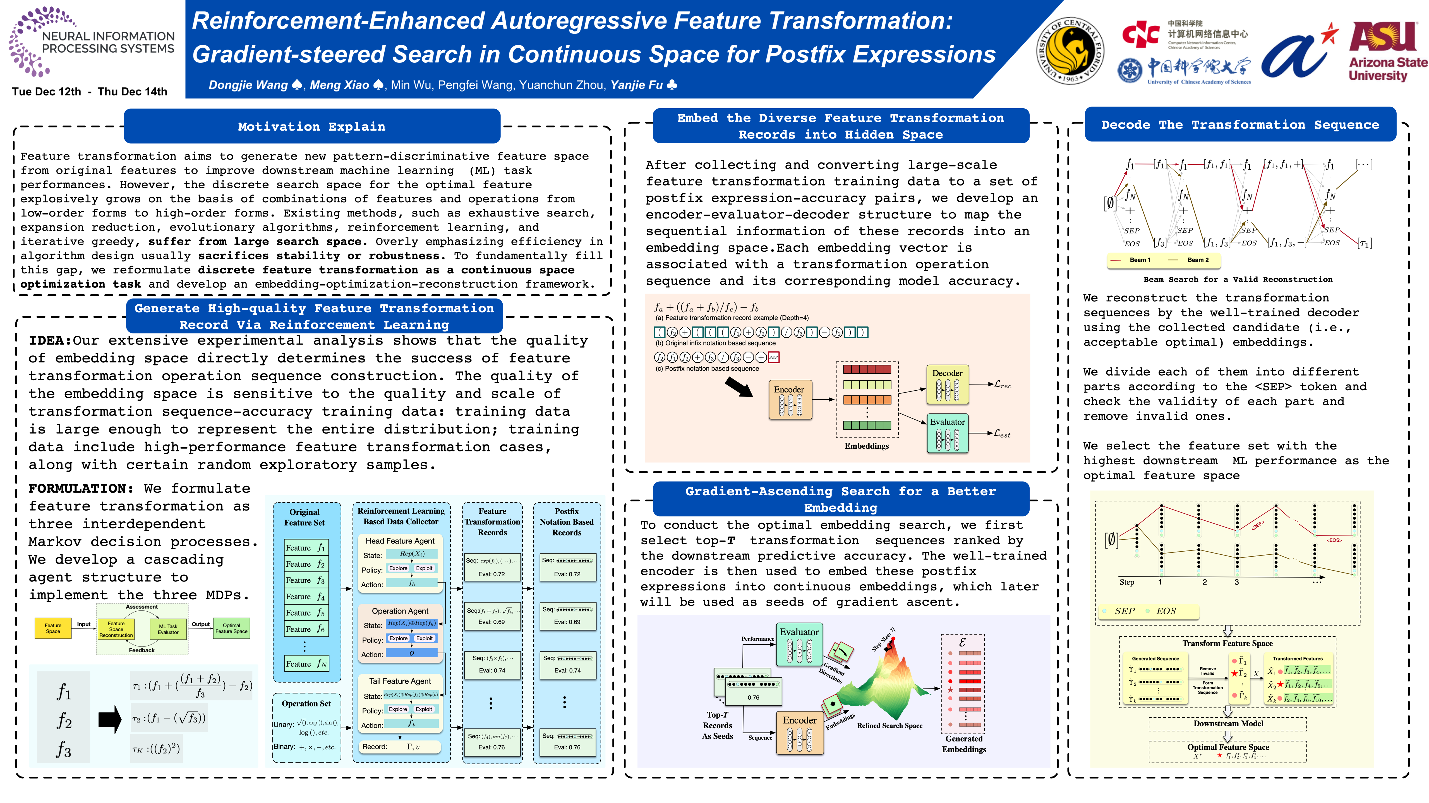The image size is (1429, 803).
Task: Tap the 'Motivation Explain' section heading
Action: click(312, 126)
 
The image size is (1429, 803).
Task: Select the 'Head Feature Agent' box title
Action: click(400, 541)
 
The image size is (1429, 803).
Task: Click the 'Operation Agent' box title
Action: click(400, 611)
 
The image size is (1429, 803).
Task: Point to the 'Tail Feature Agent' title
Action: click(400, 681)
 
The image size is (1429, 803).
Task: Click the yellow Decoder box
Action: click(948, 384)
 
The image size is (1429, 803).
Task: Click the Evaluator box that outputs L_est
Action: click(948, 433)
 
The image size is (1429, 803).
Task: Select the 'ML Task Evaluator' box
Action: click(168, 629)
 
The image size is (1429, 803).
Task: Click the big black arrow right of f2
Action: click(110, 720)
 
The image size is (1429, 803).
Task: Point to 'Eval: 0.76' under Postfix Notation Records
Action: click(567, 747)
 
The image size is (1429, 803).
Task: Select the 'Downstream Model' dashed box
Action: click(1228, 724)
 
